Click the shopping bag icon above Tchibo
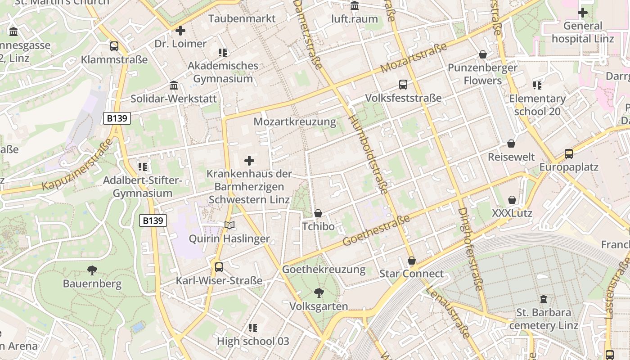click(318, 213)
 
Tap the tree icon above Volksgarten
click(319, 293)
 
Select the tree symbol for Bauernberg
click(92, 270)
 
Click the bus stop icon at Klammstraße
click(114, 46)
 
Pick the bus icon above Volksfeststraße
click(403, 85)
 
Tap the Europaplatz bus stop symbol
click(569, 154)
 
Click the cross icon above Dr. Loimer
click(180, 31)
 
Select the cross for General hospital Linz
click(583, 13)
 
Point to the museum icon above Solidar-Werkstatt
click(174, 85)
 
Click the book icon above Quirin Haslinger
click(229, 225)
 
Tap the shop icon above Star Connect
click(411, 261)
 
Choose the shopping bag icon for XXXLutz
click(512, 200)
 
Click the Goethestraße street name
click(377, 230)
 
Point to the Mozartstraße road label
click(414, 58)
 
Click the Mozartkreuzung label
click(295, 121)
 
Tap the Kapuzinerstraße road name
click(77, 165)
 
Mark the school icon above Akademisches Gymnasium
click(222, 53)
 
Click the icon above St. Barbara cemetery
click(543, 299)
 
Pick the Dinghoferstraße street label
click(471, 249)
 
